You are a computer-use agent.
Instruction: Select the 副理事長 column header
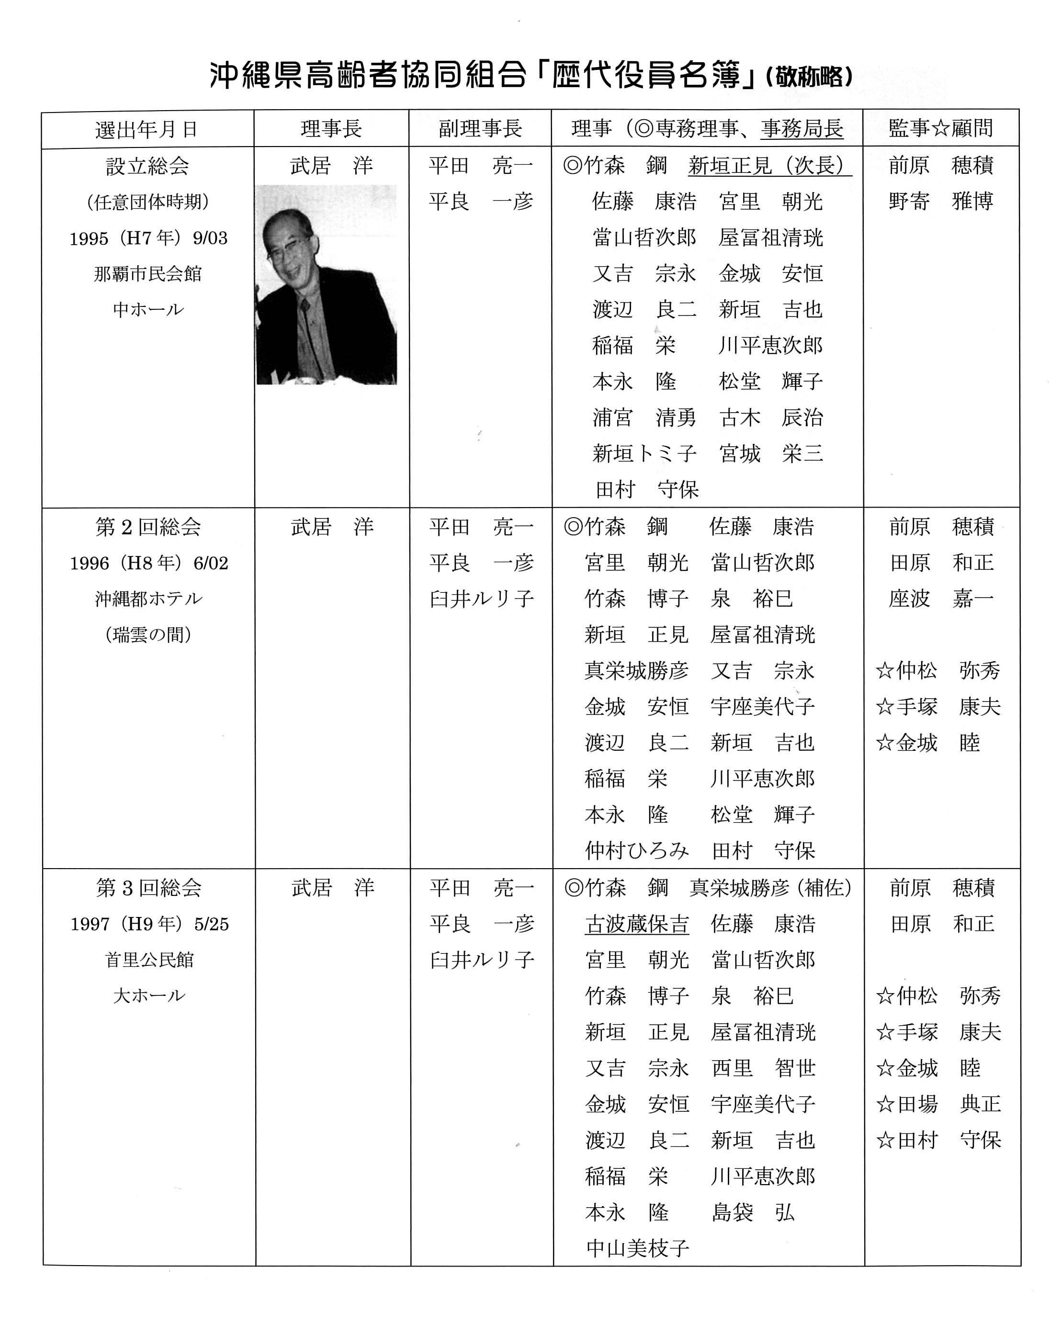coord(480,128)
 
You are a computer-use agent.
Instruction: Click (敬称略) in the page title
coord(809,77)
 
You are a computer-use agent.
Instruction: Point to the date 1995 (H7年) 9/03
coord(148,238)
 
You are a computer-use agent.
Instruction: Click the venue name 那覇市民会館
coord(148,274)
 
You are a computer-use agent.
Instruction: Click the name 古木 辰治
coord(770,418)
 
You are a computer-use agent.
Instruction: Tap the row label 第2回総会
coord(148,527)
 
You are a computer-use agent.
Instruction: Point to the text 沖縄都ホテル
coord(148,599)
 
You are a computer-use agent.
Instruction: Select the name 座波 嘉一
coord(941,599)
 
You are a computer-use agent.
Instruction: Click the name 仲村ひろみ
coord(637,850)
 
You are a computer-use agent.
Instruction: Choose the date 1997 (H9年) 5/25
coord(149,924)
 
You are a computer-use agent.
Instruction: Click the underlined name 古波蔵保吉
coord(637,924)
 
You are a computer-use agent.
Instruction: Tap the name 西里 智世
coord(763,1068)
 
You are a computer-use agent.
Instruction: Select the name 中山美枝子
coord(637,1248)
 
